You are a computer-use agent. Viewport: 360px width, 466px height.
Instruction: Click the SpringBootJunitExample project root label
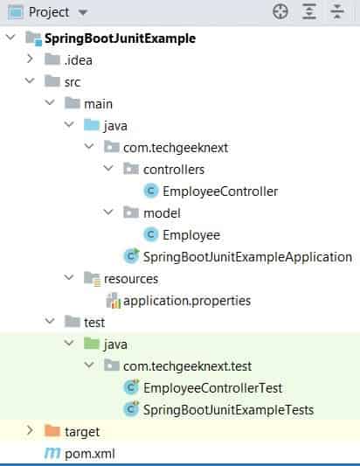click(120, 38)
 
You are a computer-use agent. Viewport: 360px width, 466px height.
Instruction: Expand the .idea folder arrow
click(30, 59)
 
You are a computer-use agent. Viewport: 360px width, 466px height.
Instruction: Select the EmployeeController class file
click(220, 191)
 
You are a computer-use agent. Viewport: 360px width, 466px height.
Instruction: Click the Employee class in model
click(191, 235)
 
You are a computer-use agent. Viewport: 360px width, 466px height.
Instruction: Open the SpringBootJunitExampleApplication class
click(247, 257)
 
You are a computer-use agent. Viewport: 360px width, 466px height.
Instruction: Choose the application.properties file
click(187, 301)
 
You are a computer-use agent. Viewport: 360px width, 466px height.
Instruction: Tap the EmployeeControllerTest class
click(212, 388)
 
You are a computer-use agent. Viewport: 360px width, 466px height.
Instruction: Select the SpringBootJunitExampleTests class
click(228, 410)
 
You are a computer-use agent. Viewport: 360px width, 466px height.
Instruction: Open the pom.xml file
click(90, 454)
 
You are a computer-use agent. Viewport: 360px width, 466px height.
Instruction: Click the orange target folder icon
click(52, 431)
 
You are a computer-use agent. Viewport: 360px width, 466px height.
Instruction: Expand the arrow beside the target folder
click(30, 430)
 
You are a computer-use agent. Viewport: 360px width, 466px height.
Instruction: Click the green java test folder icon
click(92, 344)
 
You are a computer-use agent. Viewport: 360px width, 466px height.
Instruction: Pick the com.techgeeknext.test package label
click(187, 366)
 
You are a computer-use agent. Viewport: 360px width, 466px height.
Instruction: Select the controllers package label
click(174, 170)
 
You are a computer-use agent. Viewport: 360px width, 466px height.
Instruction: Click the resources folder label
click(131, 279)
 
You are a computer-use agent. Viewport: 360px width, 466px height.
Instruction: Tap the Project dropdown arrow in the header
click(83, 12)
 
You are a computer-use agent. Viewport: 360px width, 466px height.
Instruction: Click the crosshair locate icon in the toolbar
click(280, 12)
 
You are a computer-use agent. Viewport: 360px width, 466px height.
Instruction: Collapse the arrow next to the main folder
click(50, 102)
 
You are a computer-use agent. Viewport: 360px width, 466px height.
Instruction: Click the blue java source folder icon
click(92, 125)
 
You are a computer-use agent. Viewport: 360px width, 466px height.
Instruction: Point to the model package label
click(162, 213)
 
